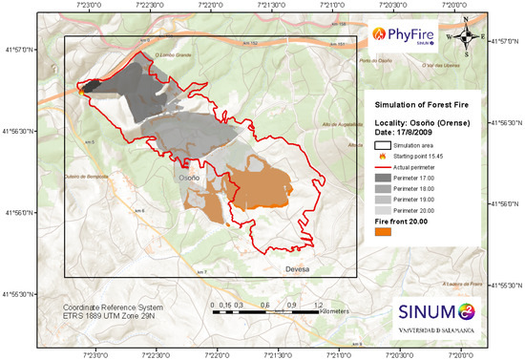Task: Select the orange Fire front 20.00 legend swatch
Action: pos(385,232)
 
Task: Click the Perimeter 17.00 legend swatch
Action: pos(384,178)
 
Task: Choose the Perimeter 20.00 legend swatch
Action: pos(384,209)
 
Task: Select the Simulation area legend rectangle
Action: pos(384,143)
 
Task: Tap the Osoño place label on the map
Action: pos(189,178)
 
